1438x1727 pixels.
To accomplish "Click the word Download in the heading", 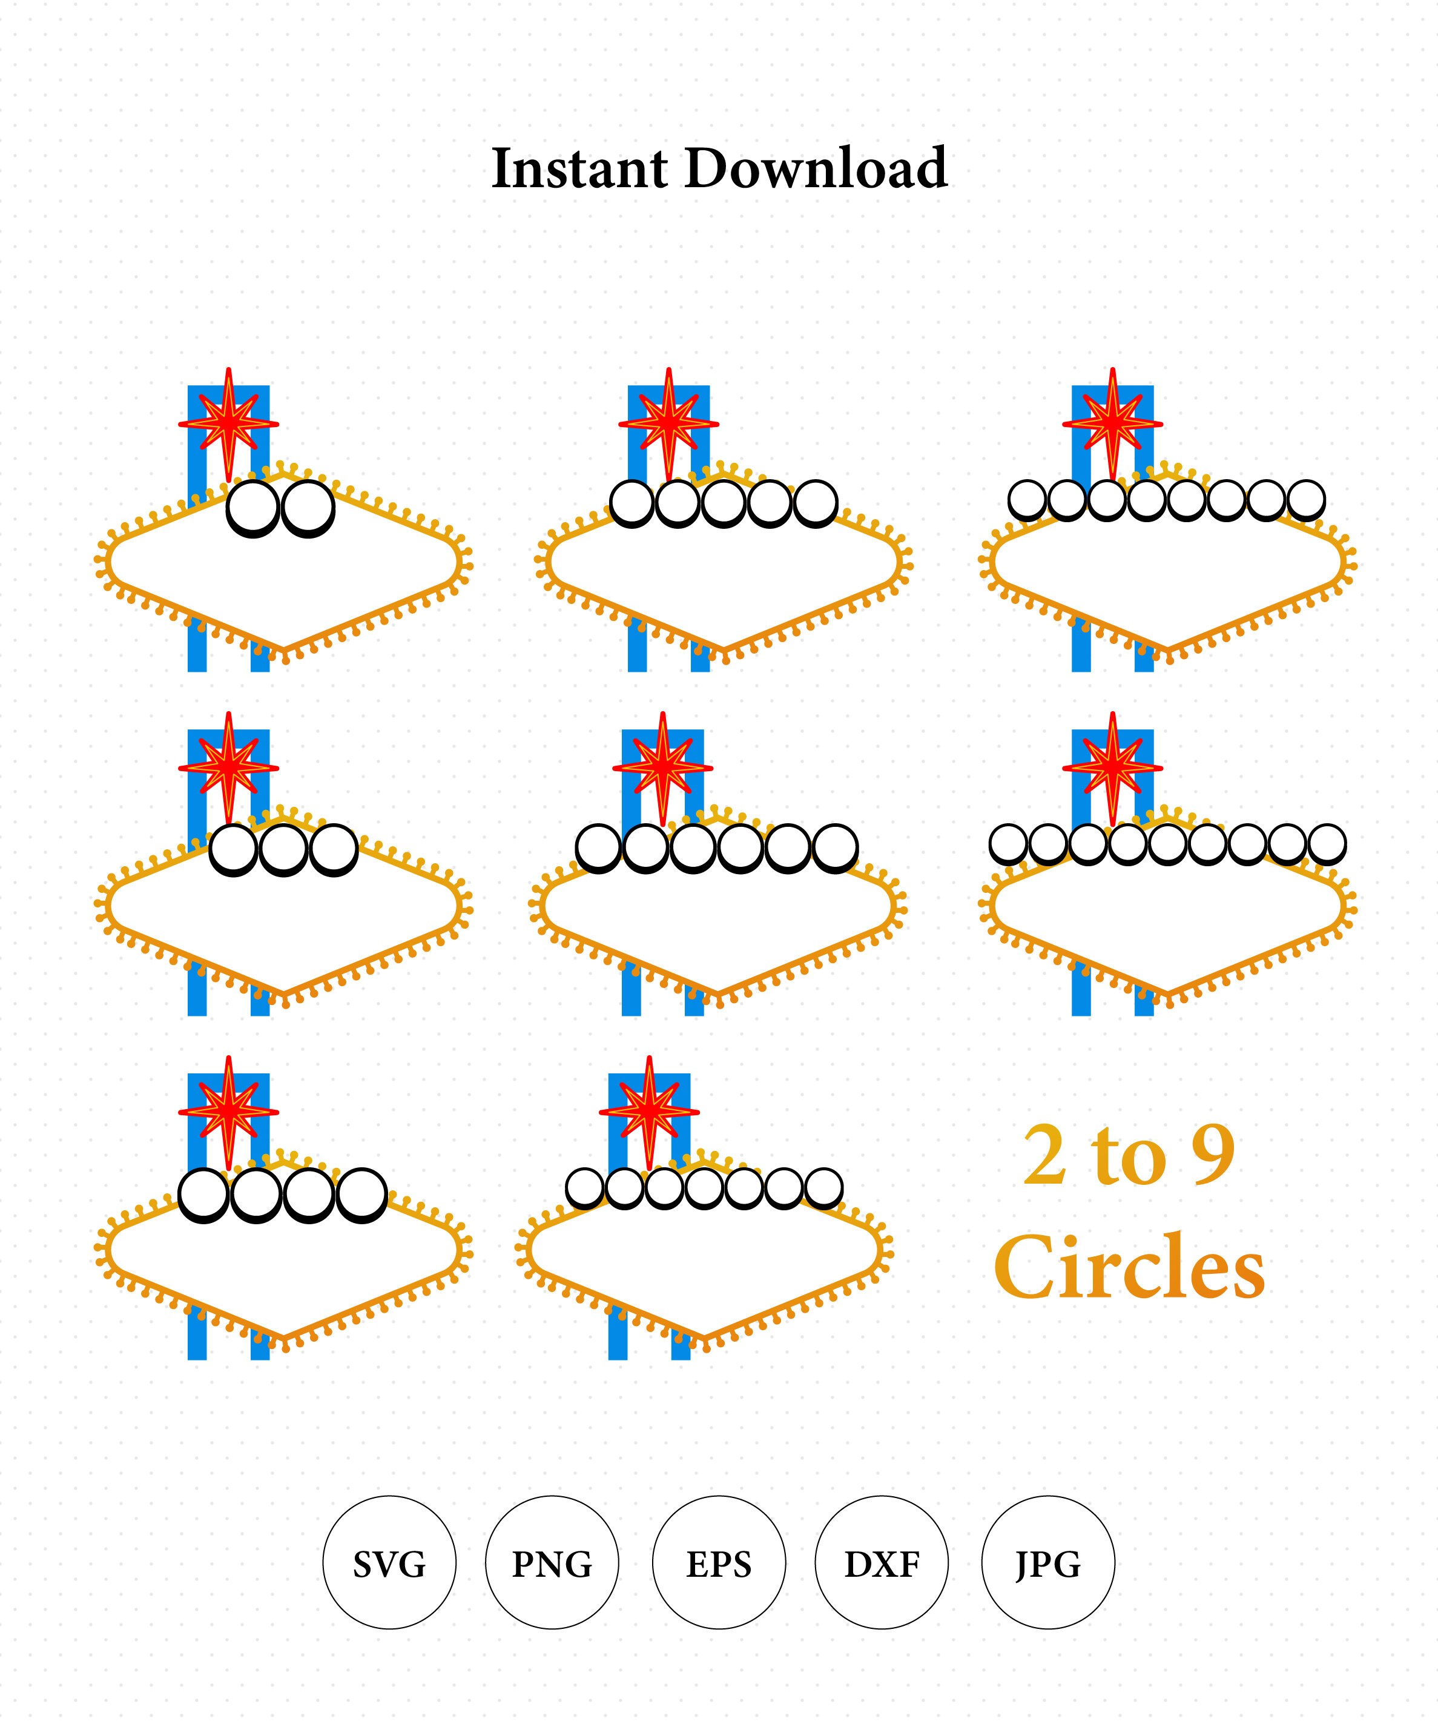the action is (x=816, y=168).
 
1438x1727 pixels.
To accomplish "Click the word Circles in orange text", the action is (x=1130, y=1267).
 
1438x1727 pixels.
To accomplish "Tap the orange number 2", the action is (x=1046, y=1155).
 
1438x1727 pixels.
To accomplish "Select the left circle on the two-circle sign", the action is (x=252, y=508).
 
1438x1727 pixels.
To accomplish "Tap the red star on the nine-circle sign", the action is (x=1112, y=768).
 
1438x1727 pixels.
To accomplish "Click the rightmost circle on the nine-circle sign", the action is (x=1326, y=844).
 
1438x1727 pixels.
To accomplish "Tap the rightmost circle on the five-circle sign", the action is (x=816, y=503).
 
